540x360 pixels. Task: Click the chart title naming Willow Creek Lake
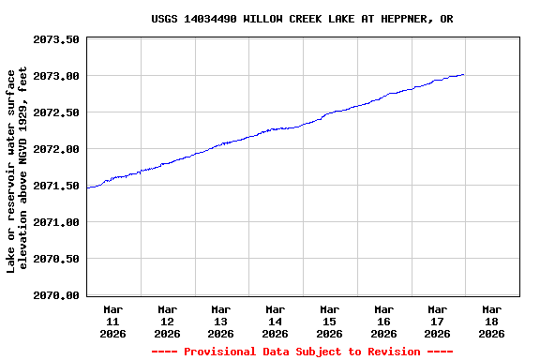click(x=302, y=19)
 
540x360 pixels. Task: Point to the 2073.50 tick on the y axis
click(x=56, y=39)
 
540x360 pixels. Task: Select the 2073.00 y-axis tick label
click(x=56, y=76)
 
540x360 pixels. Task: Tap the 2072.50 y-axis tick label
click(x=56, y=112)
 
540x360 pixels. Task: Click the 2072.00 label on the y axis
click(x=56, y=149)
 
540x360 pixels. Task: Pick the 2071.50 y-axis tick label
click(x=56, y=186)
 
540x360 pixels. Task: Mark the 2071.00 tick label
click(x=56, y=222)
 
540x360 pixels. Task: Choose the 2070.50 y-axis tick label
click(x=56, y=259)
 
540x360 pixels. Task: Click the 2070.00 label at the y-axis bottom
click(x=56, y=295)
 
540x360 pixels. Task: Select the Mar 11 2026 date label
click(x=113, y=321)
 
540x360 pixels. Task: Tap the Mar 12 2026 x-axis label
click(x=168, y=321)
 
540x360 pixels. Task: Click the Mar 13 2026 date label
click(x=221, y=321)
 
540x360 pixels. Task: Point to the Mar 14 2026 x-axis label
click(x=276, y=321)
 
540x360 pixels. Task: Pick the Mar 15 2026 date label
click(x=329, y=321)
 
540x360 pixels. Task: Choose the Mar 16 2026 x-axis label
click(x=383, y=321)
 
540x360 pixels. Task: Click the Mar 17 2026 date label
click(x=438, y=321)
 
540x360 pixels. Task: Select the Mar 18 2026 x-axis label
click(x=491, y=321)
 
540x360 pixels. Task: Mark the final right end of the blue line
click(x=463, y=74)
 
